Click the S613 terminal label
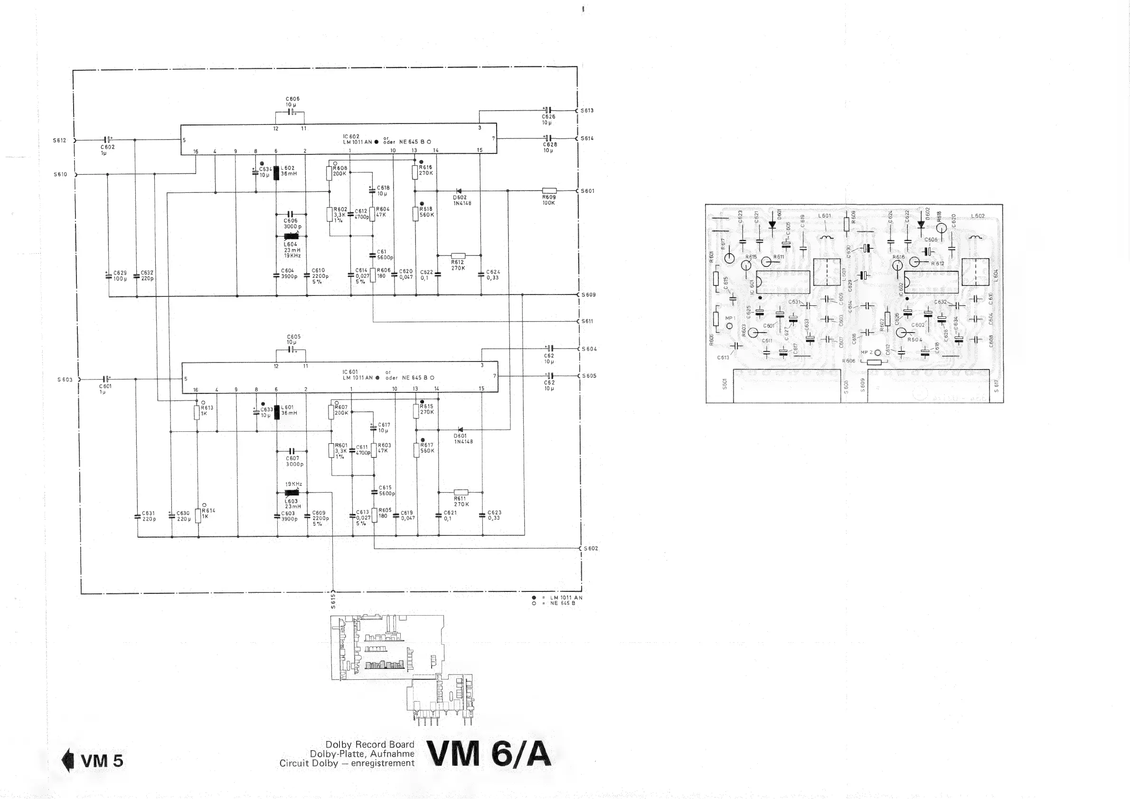587,111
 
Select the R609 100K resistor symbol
549,190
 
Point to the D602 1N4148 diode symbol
459,191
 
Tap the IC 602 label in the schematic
351,136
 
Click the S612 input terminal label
59,140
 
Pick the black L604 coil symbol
292,236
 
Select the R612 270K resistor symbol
458,256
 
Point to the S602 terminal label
591,548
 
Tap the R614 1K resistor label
209,514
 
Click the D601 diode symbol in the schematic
460,429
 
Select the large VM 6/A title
489,754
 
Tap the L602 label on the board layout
978,216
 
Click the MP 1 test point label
730,318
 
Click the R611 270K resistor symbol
461,492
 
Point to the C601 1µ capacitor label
105,389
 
